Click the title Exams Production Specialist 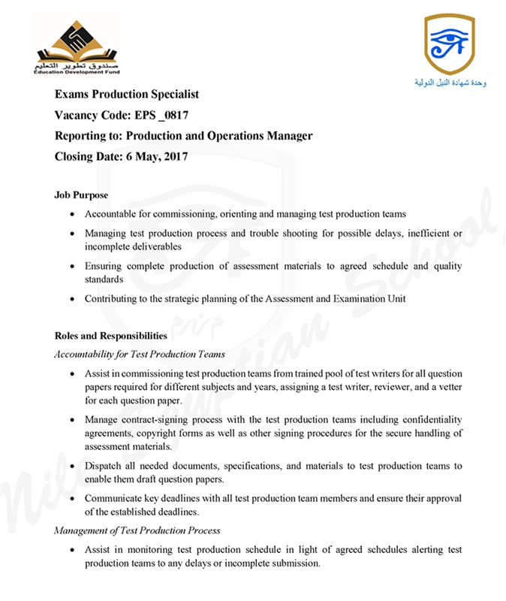coord(127,95)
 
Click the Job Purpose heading coord(81,195)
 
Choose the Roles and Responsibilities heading coord(111,336)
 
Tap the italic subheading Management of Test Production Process coord(137,530)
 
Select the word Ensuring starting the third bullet coord(104,266)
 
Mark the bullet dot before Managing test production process coord(72,234)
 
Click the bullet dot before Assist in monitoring coord(72,551)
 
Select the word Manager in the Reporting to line coord(289,136)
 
